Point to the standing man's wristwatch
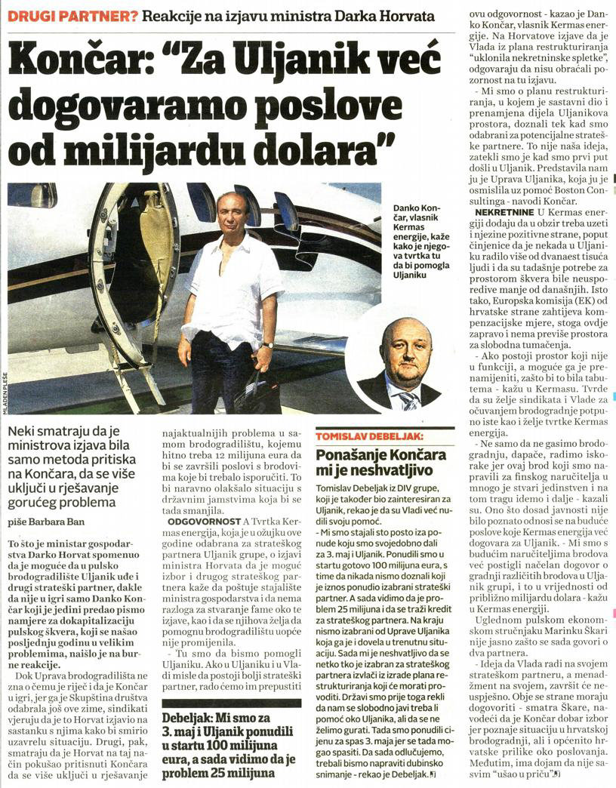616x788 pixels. [267, 344]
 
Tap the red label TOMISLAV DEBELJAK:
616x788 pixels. [369, 436]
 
